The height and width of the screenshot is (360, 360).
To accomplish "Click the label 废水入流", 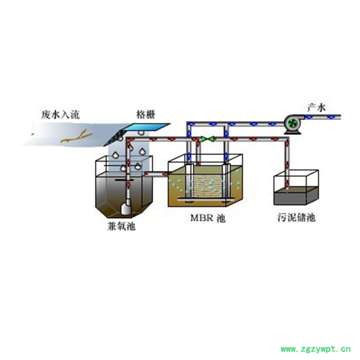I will pyautogui.click(x=60, y=115).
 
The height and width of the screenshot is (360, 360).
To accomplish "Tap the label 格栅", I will pyautogui.click(x=146, y=115).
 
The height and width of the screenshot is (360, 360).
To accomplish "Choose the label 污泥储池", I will pyautogui.click(x=296, y=217).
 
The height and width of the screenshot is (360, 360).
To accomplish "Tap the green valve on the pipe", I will pyautogui.click(x=208, y=139).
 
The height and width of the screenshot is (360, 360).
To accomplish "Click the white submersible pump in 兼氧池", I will pyautogui.click(x=126, y=208).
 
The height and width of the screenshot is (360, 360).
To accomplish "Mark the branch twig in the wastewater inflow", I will pyautogui.click(x=77, y=137).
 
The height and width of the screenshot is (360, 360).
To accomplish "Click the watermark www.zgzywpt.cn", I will pyautogui.click(x=315, y=349).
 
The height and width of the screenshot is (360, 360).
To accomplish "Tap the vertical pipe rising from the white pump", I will pyautogui.click(x=129, y=168).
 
